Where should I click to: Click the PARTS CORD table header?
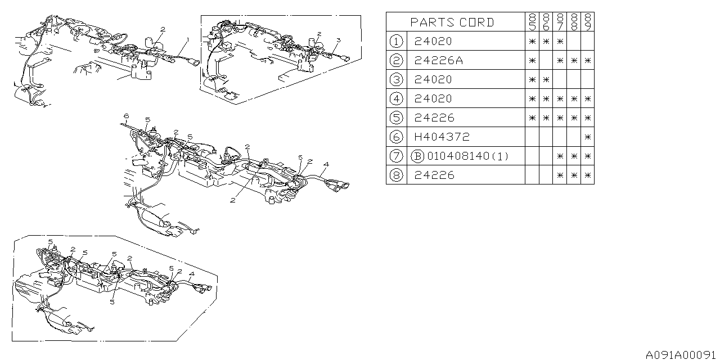coord(452,22)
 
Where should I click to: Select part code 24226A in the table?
coord(439,61)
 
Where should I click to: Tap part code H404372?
coord(442,137)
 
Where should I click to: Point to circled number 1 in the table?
coord(396,41)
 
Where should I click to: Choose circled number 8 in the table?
coord(396,175)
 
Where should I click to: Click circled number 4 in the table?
coord(396,98)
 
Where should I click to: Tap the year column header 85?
coord(532,22)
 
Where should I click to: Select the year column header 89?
coord(588,22)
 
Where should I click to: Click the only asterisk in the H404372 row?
coord(588,137)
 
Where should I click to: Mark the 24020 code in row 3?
coord(433,79)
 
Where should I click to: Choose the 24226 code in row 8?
coord(434,175)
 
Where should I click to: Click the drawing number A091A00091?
coord(681,355)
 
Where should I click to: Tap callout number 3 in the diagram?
coord(339,40)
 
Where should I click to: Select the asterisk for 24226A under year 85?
coord(532,61)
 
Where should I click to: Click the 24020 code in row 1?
coord(433,41)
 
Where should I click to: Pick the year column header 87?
coord(560,22)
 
